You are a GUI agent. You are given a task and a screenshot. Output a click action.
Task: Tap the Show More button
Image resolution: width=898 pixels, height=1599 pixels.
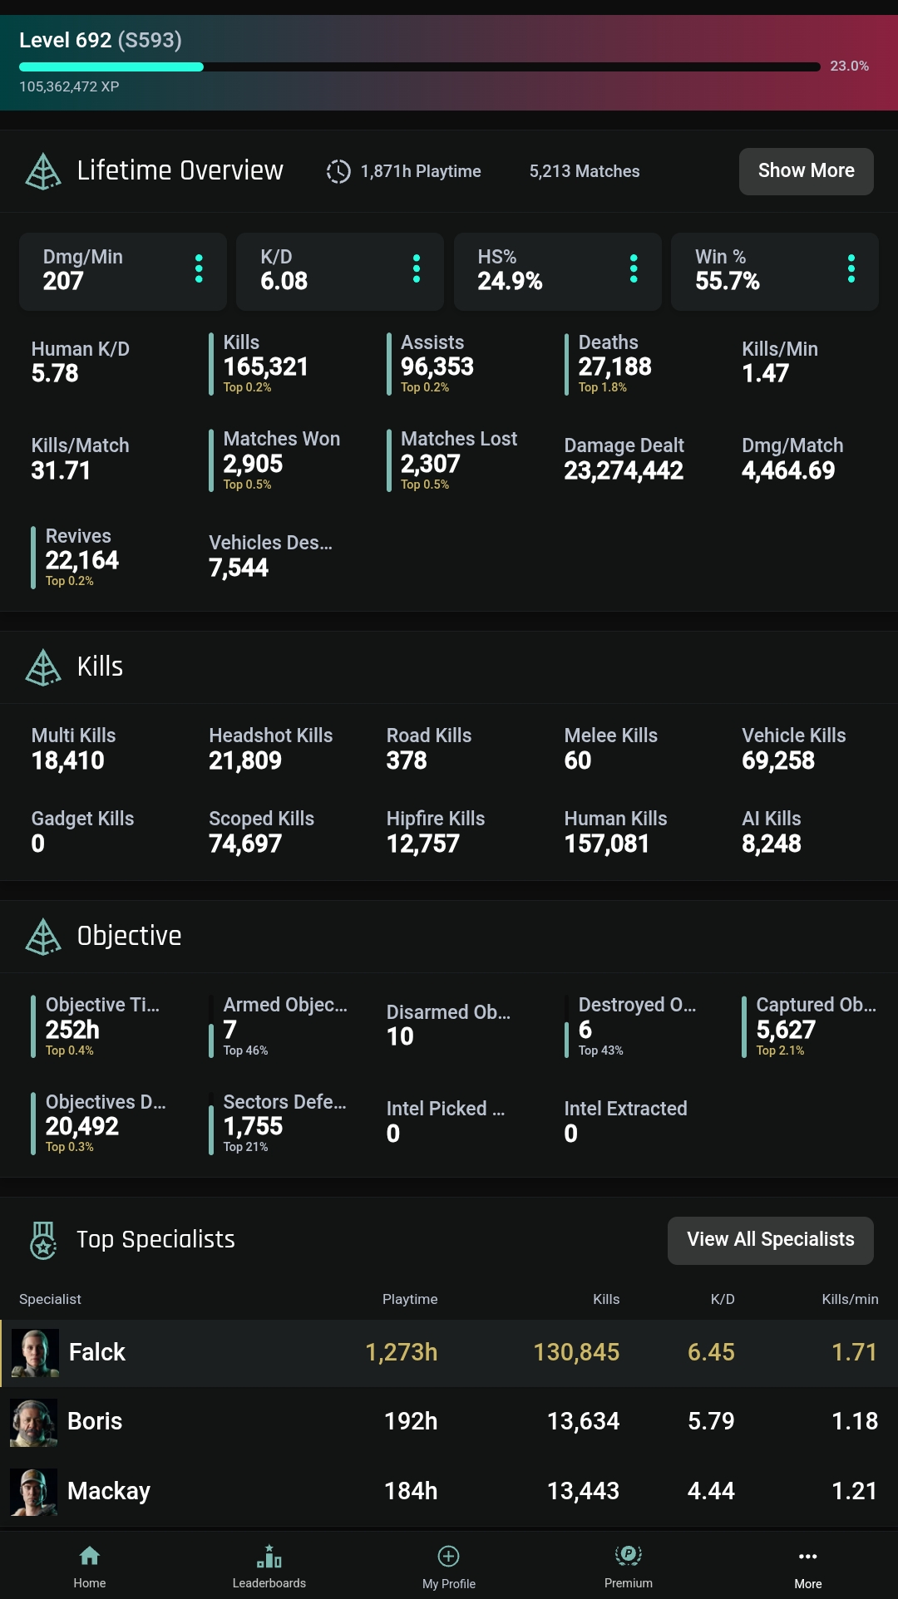806,171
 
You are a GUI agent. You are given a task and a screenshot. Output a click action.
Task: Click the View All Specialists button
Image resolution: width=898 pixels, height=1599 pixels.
770,1240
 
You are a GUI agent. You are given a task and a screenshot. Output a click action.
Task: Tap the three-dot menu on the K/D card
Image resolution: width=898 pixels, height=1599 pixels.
417,268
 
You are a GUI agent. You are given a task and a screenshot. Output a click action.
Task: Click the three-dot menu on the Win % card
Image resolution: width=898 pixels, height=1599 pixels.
851,268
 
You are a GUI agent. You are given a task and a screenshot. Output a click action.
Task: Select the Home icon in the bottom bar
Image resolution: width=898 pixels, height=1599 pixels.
90,1556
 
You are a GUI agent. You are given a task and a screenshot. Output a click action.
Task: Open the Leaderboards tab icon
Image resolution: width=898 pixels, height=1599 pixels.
269,1556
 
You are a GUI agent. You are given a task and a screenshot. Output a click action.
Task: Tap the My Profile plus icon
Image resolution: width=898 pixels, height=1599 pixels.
449,1556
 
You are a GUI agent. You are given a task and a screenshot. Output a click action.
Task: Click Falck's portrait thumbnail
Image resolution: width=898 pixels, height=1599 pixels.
35,1353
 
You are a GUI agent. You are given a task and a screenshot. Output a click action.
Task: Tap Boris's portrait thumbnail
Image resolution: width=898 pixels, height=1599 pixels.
34,1422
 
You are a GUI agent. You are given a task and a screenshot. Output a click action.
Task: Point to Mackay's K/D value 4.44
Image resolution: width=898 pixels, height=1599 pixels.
711,1491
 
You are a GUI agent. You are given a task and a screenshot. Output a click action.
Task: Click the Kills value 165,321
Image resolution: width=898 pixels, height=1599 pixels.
265,367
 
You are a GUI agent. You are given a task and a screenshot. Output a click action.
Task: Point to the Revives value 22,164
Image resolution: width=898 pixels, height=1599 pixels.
82,560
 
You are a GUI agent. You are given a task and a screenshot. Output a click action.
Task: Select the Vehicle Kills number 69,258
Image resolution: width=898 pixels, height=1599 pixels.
778,760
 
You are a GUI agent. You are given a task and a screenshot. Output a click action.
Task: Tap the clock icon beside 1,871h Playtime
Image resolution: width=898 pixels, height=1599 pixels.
338,171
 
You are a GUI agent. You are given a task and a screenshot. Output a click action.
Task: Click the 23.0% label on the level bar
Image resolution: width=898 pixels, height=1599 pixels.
849,66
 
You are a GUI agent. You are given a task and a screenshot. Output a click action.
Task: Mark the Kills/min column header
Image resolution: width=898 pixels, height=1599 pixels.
850,1299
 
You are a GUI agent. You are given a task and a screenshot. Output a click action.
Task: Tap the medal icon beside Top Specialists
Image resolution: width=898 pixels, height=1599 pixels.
43,1240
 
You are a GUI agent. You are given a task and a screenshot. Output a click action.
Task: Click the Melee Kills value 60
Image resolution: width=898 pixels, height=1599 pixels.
578,760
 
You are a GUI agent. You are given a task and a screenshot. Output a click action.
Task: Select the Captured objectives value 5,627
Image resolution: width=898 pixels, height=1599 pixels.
786,1030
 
